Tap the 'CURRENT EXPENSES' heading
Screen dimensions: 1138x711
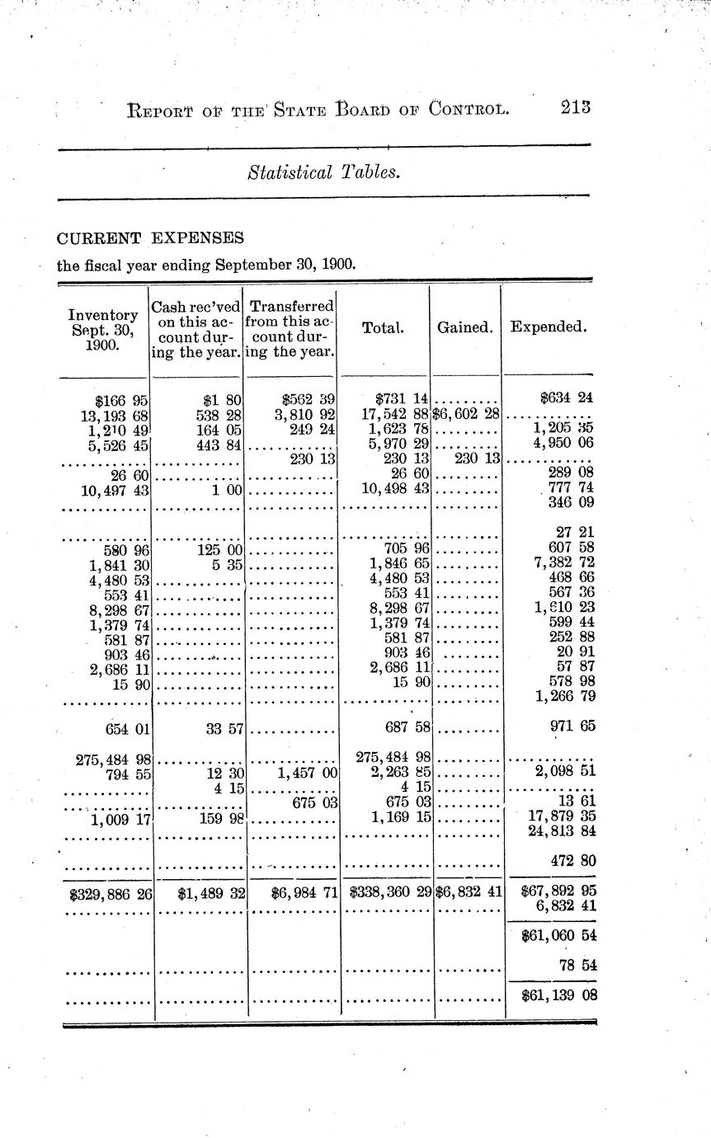click(150, 238)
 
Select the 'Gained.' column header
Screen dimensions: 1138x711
click(464, 327)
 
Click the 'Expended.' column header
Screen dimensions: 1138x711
click(549, 327)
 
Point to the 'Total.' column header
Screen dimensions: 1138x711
click(383, 327)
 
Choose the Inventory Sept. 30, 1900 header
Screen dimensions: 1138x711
click(102, 330)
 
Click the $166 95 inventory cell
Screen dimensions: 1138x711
click(121, 400)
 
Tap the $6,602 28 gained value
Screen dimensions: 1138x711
click(466, 415)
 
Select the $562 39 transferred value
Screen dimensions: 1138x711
click(308, 400)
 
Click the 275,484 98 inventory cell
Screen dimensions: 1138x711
click(113, 759)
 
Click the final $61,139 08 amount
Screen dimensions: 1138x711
click(558, 995)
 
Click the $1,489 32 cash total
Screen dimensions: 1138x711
click(209, 891)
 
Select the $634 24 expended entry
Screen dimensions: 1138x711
click(567, 398)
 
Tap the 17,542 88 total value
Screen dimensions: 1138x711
click(397, 415)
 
